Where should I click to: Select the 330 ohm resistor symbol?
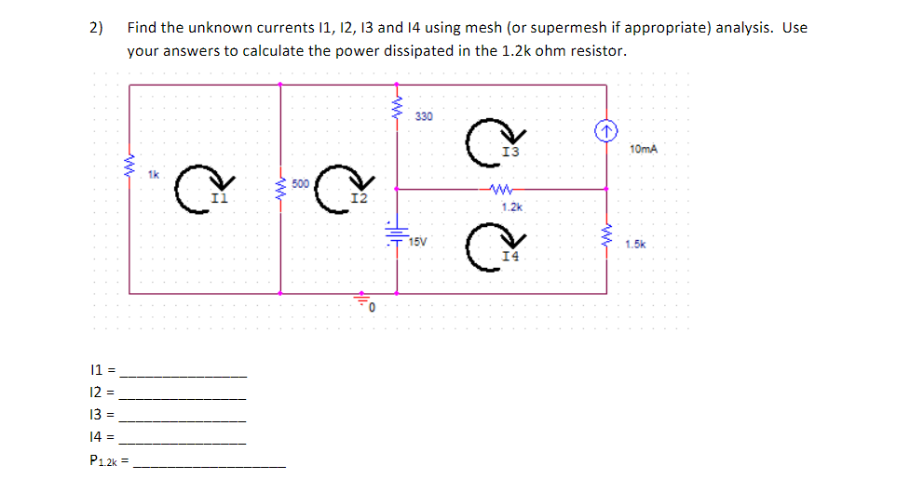[398, 110]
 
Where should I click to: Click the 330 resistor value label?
[424, 116]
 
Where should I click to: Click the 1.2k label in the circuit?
[511, 206]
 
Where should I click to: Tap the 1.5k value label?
[636, 245]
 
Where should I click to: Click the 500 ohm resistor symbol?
[280, 189]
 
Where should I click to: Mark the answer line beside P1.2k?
[211, 463]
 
